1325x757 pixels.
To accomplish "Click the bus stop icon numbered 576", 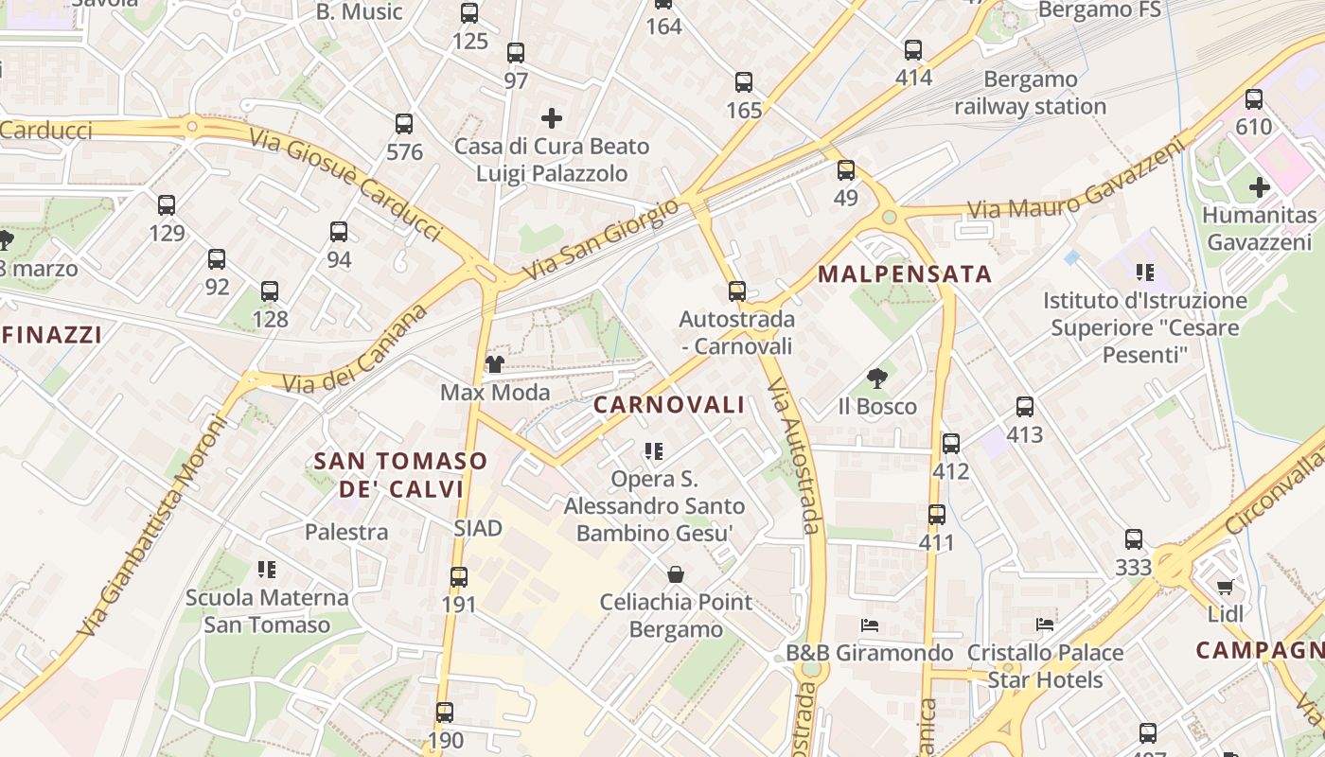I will (404, 123).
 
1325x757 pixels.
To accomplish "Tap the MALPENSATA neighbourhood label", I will (905, 274).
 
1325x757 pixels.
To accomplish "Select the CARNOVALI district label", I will (669, 405).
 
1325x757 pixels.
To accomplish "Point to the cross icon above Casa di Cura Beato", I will (551, 118).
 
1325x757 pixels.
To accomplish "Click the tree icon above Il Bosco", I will (877, 378).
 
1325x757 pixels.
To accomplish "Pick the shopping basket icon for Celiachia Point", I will (676, 573).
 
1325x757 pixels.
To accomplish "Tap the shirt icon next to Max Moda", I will (494, 364).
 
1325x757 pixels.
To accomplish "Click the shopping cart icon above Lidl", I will (1225, 587).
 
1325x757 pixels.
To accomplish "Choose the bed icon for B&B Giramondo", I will (870, 625).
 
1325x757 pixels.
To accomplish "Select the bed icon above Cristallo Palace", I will (1045, 625).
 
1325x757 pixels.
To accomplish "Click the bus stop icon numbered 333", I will (1134, 539).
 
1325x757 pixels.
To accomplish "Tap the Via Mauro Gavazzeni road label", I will (1075, 181).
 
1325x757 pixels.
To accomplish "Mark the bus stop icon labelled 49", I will (846, 170).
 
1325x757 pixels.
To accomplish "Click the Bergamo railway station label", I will (1030, 93).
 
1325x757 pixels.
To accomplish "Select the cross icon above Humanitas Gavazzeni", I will (1259, 187).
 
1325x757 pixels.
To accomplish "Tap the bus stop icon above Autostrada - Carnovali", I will (737, 290).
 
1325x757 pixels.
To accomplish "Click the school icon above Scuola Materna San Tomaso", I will (267, 570).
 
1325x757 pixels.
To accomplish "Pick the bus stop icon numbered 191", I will (459, 576).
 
